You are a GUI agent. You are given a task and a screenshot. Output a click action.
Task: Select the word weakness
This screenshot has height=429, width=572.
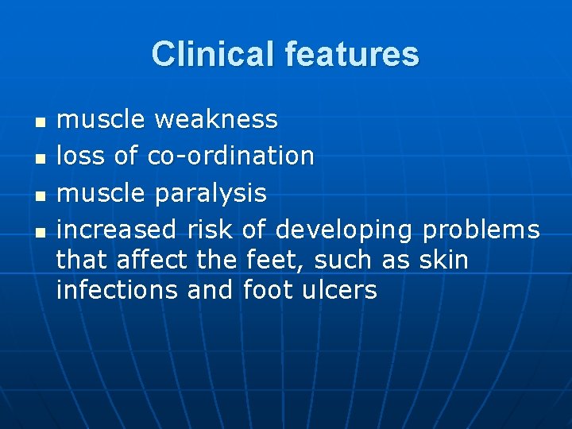(x=216, y=119)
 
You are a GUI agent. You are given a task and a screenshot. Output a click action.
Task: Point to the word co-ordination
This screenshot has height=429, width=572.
(x=231, y=156)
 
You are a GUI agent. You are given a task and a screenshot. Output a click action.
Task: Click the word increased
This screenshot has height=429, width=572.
(x=117, y=230)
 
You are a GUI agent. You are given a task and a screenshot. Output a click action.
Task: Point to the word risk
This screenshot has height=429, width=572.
(x=210, y=230)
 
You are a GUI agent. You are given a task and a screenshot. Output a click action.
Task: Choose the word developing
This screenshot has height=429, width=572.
(x=344, y=230)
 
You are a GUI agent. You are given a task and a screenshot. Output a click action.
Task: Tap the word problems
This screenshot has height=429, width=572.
(x=481, y=230)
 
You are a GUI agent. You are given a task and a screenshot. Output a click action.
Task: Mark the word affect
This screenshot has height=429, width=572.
(x=152, y=260)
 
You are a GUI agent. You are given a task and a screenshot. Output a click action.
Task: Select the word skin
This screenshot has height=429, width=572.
(x=443, y=260)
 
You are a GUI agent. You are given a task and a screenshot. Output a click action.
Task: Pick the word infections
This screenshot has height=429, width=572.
(x=117, y=290)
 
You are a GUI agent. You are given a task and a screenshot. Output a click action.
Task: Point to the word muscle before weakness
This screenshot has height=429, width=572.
(x=102, y=119)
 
